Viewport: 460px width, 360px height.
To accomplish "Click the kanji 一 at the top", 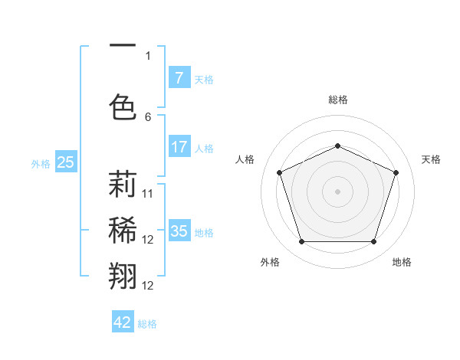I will (x=123, y=46).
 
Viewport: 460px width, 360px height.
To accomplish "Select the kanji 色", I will (x=123, y=106).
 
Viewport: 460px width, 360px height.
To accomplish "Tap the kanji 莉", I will (x=123, y=185).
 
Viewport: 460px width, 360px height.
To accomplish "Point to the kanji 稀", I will (x=123, y=230).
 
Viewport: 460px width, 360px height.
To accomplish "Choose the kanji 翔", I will (x=123, y=275).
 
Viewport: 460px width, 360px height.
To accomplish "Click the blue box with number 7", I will (x=179, y=77).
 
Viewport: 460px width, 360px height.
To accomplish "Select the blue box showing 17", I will (x=179, y=146).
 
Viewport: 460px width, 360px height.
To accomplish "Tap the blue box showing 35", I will (x=179, y=231).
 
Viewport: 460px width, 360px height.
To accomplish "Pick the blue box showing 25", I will (x=65, y=162).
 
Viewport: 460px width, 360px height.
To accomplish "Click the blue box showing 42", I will (x=123, y=322).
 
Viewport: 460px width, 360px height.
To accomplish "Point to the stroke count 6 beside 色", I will (x=148, y=117).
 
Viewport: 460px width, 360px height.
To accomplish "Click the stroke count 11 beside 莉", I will (x=148, y=194).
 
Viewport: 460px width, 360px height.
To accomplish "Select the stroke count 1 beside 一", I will (x=148, y=55).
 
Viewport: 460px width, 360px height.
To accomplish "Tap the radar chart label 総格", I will (x=337, y=100).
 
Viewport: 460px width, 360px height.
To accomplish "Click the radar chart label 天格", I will (x=431, y=159).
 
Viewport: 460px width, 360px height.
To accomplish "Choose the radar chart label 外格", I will (x=270, y=262).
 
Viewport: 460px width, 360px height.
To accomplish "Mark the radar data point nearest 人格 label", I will (x=280, y=172).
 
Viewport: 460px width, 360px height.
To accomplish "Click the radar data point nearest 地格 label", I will (x=373, y=242).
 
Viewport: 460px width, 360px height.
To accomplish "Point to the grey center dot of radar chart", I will (x=337, y=191).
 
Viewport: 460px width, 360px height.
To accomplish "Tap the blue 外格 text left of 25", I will (x=41, y=163).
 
